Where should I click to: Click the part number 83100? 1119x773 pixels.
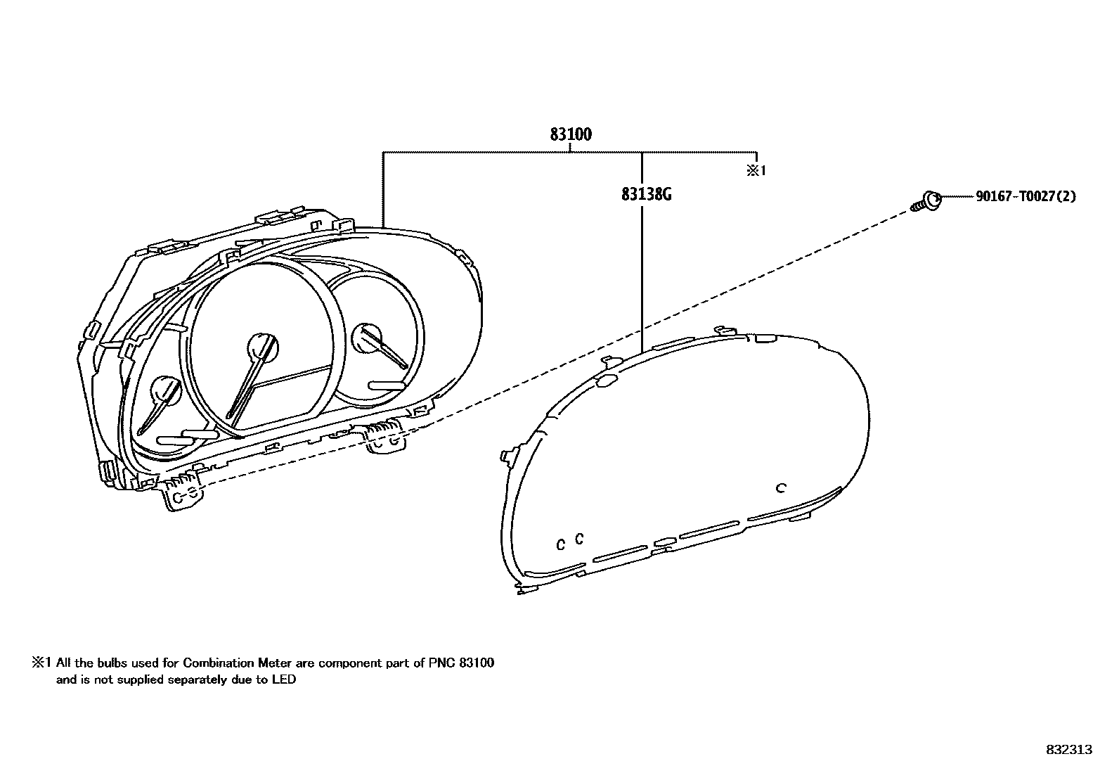pos(570,134)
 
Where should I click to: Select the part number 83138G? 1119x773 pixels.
pos(646,193)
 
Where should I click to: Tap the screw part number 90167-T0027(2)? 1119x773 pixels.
pos(1025,197)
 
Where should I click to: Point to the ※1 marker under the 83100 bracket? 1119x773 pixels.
pos(756,171)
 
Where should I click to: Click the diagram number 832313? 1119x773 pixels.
pos(1069,750)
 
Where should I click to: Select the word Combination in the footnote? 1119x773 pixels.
pos(219,663)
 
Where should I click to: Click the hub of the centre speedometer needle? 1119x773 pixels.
pos(263,347)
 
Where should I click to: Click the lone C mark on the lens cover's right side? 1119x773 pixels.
pos(780,487)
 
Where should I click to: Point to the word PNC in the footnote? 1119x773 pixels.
pos(441,663)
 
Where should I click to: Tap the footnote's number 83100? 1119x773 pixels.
pos(477,663)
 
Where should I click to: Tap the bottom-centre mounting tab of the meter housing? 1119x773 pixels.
pos(385,442)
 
